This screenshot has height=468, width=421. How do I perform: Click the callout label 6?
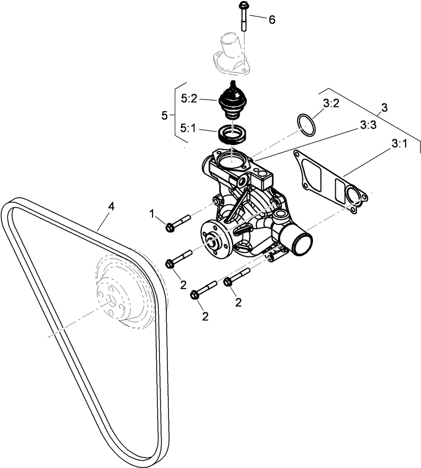(272, 20)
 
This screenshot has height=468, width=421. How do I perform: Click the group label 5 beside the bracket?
(165, 114)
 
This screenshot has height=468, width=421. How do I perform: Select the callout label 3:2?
(330, 103)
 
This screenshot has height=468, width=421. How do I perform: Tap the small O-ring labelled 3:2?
(305, 124)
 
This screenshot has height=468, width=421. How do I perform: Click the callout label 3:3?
(368, 125)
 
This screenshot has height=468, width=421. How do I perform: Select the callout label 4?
(111, 206)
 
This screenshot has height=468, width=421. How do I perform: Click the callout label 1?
(153, 214)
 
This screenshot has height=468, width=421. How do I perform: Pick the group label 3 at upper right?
(384, 107)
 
